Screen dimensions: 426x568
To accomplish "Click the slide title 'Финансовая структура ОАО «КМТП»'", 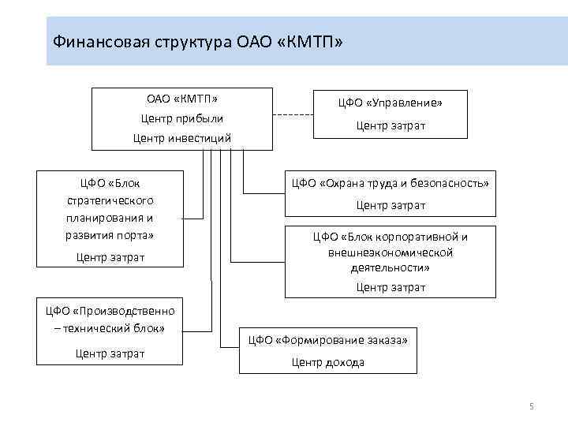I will click(197, 41).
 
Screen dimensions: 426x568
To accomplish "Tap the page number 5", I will click(531, 406).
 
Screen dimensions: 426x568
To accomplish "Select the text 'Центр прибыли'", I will click(182, 118).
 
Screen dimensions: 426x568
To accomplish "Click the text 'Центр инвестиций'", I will click(182, 138).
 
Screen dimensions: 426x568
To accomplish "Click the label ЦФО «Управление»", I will click(390, 103).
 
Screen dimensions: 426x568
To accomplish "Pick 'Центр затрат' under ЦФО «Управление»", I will click(390, 125).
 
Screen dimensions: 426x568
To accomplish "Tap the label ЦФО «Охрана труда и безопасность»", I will click(390, 183).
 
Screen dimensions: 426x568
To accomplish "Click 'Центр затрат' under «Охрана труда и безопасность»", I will click(390, 205).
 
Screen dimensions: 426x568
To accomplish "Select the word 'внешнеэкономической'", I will click(390, 252).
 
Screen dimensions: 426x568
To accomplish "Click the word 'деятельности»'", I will click(390, 267).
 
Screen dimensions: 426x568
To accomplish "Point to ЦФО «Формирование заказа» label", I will click(328, 341).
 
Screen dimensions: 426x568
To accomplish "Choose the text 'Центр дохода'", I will click(328, 362).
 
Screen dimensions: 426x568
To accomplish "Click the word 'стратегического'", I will click(110, 200).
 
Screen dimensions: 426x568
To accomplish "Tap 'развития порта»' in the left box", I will click(110, 235).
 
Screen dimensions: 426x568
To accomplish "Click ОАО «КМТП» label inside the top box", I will click(182, 99).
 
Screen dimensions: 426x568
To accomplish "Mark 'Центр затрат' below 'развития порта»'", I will click(110, 257).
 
